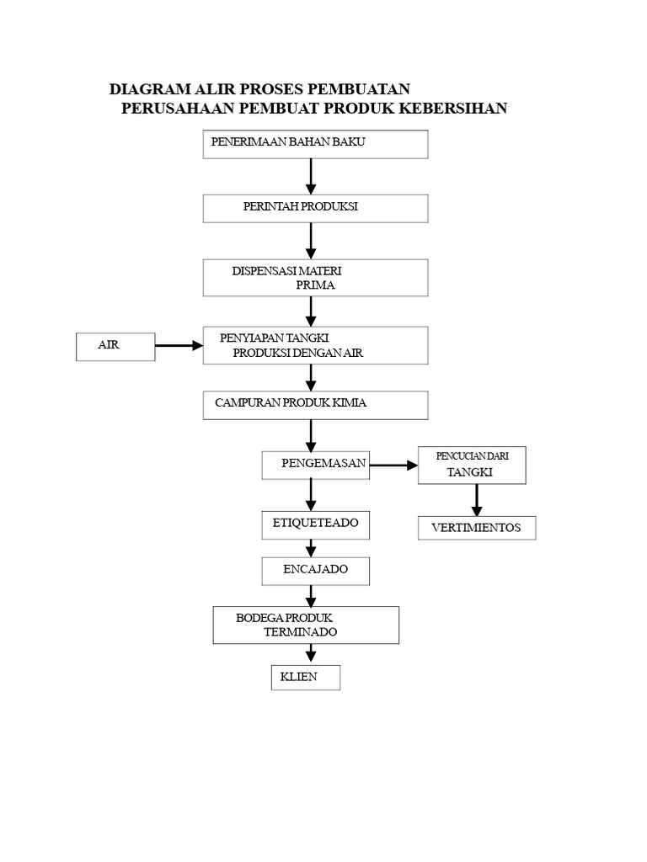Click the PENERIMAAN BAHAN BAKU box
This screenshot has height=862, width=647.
tap(315, 144)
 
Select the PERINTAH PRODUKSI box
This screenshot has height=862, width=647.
tap(315, 208)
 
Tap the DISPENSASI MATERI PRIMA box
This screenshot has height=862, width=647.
tap(315, 278)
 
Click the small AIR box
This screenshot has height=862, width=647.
tap(115, 346)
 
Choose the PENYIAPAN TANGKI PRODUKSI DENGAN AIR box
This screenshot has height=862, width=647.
tap(315, 345)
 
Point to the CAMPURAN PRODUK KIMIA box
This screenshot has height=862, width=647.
tap(315, 405)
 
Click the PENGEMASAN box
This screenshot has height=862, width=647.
tap(315, 464)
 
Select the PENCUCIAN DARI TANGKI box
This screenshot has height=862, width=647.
tap(472, 465)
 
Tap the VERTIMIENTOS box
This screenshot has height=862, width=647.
tap(477, 528)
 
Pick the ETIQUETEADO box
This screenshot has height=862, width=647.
tap(315, 524)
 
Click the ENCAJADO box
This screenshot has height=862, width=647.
tap(315, 570)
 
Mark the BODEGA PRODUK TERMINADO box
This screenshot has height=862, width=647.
tap(305, 625)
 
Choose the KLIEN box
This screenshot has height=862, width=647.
tap(305, 678)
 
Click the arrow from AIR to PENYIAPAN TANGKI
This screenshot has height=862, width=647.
tap(179, 345)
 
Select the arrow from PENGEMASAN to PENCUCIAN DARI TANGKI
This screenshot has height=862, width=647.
tap(393, 465)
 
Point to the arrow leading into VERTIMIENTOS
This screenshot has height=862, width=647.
tap(477, 500)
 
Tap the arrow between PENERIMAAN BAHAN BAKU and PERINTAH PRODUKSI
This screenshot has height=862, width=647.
tap(311, 176)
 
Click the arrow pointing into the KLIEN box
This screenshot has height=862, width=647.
tap(311, 653)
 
